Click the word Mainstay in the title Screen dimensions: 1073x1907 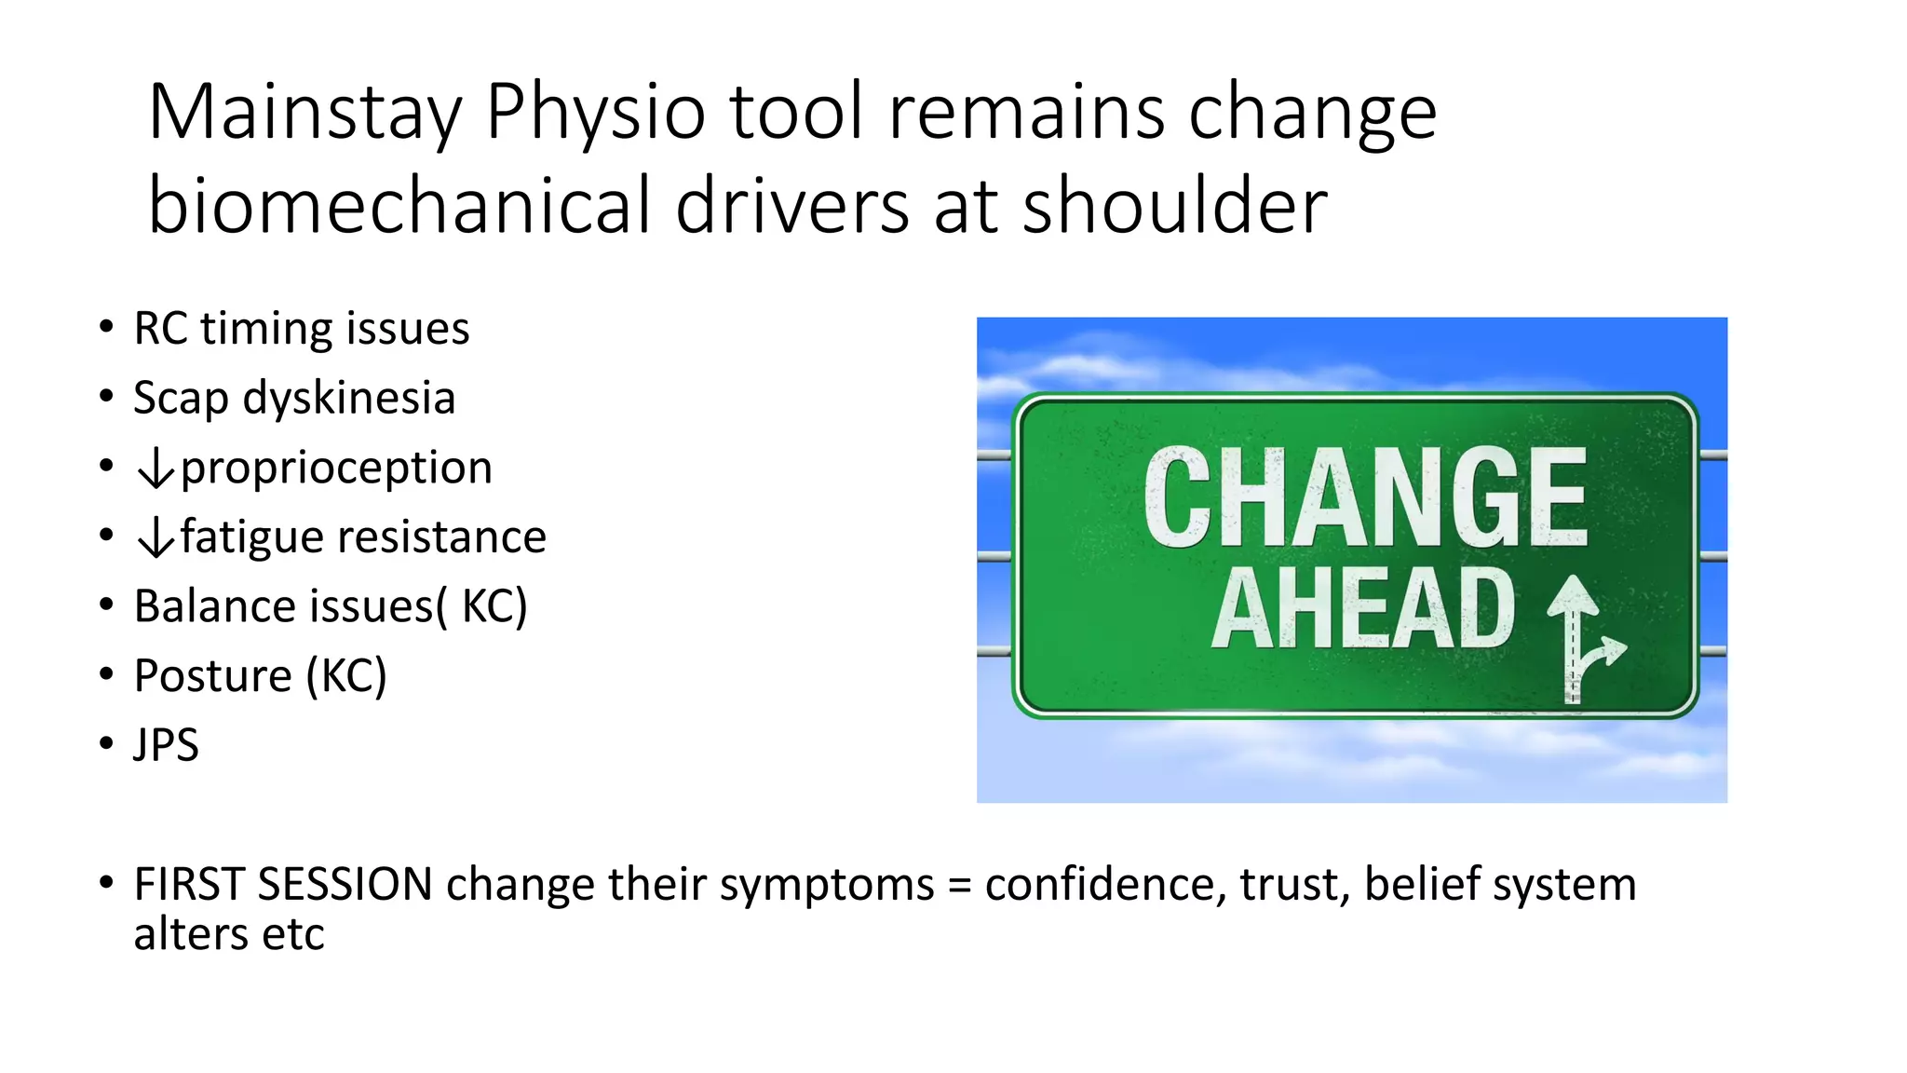click(x=305, y=113)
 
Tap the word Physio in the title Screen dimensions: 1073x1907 click(x=595, y=113)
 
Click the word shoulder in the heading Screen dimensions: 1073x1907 click(x=1174, y=206)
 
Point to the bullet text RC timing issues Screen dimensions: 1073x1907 click(x=301, y=329)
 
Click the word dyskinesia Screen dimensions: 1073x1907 click(x=348, y=398)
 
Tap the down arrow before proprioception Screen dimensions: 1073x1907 click(x=156, y=468)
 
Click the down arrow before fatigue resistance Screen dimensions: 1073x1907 click(x=156, y=537)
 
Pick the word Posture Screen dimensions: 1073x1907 click(x=212, y=676)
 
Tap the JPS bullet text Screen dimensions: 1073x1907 click(x=166, y=745)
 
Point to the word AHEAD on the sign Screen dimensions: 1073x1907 click(x=1363, y=609)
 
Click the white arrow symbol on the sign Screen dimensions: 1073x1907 click(x=1582, y=637)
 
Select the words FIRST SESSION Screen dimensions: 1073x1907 click(x=283, y=884)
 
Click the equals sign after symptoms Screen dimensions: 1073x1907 click(x=959, y=886)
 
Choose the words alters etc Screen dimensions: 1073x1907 click(x=229, y=934)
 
